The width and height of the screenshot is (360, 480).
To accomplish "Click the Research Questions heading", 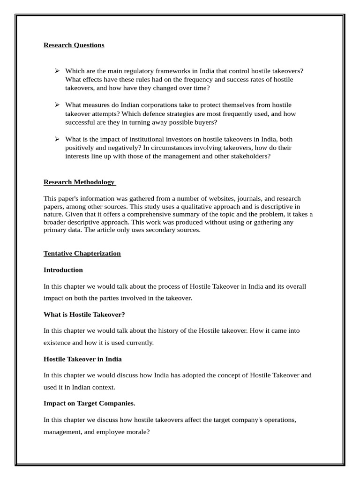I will coord(74,45).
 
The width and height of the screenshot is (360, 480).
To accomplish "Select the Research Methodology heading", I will coord(79,182).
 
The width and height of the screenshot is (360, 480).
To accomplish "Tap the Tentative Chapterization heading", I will coord(82,253).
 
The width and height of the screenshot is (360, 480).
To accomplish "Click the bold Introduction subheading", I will coord(63,270).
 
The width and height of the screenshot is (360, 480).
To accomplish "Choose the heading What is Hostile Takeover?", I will coord(84,314).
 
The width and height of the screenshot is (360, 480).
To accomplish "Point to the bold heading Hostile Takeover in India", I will coord(82,359).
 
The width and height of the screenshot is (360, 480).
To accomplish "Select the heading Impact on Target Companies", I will coord(89,403).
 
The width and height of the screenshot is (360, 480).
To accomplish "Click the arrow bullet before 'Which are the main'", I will coord(57,71).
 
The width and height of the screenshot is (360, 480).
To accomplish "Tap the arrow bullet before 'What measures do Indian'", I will coord(57,105).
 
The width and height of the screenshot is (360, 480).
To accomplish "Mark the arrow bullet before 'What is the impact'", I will coord(57,139).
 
